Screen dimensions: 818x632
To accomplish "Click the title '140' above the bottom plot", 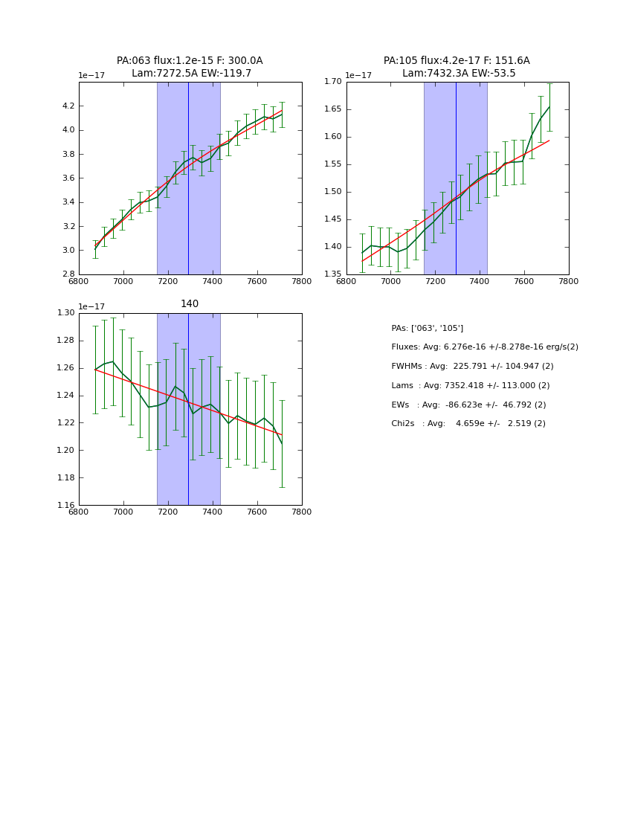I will (190, 303).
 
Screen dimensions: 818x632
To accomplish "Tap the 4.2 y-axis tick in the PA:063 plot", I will (68, 106).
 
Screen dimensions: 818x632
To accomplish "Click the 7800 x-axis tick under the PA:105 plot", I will (569, 281).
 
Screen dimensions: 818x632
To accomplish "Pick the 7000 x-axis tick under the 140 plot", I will (123, 512).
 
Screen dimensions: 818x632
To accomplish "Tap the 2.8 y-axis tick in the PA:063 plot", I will (68, 274).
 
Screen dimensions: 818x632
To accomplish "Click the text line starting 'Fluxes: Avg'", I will (484, 347).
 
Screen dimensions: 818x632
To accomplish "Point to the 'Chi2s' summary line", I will (468, 423).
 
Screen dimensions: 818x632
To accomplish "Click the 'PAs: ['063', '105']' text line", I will (427, 328).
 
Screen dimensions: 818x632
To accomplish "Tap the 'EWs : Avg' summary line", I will (468, 405).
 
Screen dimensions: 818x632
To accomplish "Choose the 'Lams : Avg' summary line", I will (470, 385).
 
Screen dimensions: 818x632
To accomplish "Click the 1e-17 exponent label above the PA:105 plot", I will (358, 75).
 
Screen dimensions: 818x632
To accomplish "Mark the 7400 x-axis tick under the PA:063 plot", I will (213, 281).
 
